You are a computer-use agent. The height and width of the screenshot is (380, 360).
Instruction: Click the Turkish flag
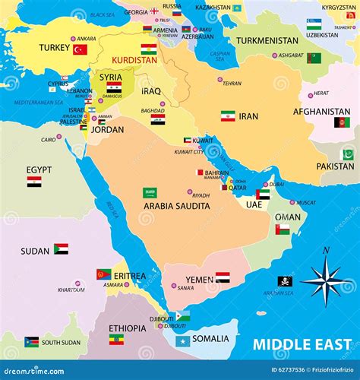click(80, 49)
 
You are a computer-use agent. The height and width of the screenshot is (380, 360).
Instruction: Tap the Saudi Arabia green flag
click(150, 193)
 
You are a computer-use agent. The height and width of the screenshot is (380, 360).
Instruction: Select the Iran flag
click(228, 116)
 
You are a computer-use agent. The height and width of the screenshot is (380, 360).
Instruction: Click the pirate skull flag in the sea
click(285, 281)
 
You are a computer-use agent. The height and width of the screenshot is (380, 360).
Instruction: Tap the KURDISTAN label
click(134, 60)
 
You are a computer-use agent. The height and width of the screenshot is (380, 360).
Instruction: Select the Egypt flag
click(34, 182)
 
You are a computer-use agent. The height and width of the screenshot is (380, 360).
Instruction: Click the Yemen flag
click(223, 278)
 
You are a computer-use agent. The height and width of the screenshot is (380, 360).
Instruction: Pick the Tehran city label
click(232, 84)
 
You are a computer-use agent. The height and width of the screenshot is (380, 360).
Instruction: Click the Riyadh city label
click(201, 195)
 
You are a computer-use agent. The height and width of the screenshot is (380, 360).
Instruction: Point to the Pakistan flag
click(348, 154)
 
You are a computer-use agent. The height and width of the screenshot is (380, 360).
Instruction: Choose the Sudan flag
click(61, 249)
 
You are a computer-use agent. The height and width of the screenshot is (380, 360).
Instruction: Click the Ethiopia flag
click(116, 340)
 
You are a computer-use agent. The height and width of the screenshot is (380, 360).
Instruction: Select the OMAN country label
click(287, 217)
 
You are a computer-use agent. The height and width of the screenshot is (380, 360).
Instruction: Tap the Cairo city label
click(48, 139)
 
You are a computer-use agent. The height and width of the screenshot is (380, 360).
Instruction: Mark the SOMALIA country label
click(210, 338)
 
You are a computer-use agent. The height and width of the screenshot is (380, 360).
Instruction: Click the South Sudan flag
click(31, 342)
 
